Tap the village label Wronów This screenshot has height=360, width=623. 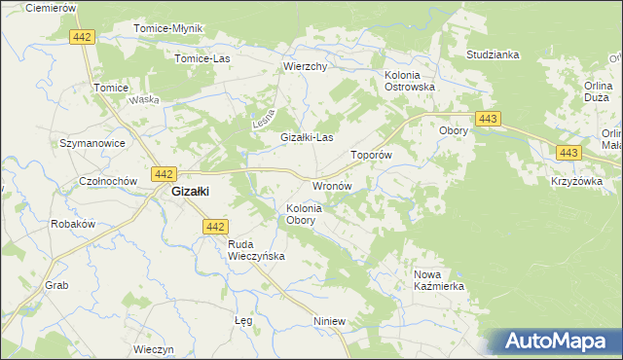click(330, 185)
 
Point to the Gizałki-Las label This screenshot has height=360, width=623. click(307, 138)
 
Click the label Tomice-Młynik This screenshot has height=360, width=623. click(167, 28)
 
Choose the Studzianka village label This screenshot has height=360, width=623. click(493, 54)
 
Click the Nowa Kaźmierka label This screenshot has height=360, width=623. click(439, 281)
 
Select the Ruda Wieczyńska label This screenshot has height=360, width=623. click(255, 250)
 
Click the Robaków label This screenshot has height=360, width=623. click(72, 223)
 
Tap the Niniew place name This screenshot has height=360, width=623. click(330, 320)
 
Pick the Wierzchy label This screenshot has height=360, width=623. click(305, 67)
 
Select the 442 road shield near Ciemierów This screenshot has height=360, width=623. click(83, 36)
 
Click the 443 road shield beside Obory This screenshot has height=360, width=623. click(489, 119)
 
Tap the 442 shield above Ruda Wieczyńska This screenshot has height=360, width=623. click(216, 226)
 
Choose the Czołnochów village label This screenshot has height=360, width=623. click(104, 182)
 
